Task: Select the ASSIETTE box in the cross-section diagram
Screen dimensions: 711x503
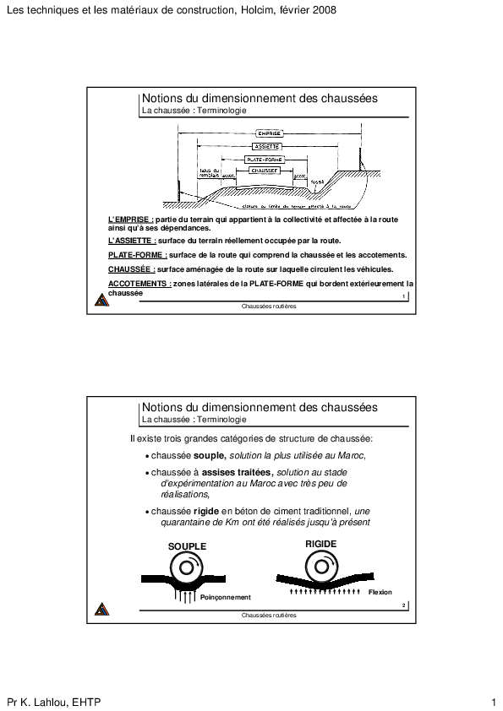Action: (268, 146)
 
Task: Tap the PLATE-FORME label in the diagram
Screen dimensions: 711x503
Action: (265, 159)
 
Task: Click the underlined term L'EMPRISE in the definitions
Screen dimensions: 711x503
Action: (125, 220)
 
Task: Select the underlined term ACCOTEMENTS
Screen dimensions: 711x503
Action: (139, 285)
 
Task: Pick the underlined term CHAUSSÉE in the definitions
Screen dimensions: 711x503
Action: (130, 269)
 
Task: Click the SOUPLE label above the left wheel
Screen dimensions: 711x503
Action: (187, 546)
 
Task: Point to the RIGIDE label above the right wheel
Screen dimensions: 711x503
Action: (321, 544)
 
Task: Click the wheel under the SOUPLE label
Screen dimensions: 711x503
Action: (187, 568)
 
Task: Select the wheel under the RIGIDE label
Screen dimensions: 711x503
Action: (321, 567)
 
